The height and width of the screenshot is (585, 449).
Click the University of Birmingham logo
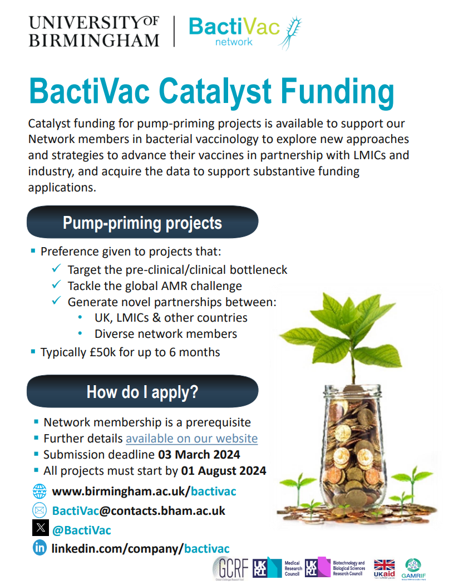click(93, 31)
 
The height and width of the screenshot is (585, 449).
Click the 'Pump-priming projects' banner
click(142, 223)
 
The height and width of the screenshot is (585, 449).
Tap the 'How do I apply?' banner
click(142, 392)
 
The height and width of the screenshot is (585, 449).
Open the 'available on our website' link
click(191, 438)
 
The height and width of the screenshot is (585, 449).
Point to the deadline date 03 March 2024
click(199, 454)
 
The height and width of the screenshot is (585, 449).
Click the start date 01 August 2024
click(224, 470)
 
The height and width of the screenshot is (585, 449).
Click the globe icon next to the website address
click(40, 491)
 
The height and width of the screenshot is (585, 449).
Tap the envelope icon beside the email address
click(40, 510)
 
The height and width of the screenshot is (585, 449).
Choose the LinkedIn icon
click(40, 548)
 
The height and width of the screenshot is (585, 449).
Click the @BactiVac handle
click(81, 530)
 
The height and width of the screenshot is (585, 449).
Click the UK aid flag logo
click(384, 567)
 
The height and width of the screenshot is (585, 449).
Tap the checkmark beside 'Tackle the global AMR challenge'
click(56, 286)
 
